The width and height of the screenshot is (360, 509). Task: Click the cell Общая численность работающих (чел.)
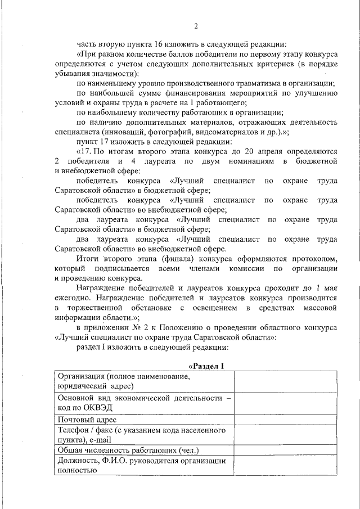(128, 451)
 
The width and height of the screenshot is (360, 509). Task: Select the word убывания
(70, 73)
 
